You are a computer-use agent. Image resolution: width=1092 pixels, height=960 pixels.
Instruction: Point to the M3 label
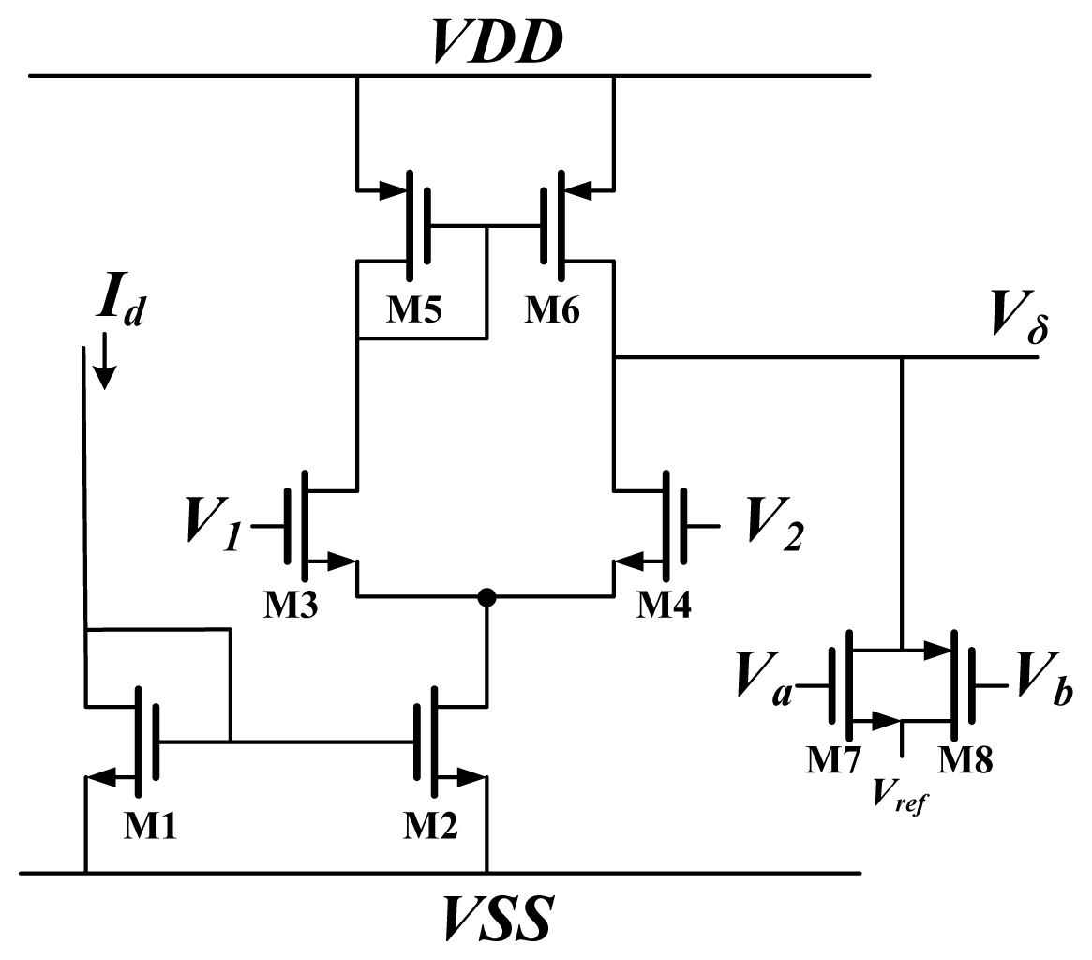coord(290,606)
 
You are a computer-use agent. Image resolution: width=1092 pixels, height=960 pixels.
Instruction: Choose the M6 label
coord(551,309)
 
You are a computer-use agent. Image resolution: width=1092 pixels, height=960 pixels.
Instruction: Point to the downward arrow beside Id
coord(105,365)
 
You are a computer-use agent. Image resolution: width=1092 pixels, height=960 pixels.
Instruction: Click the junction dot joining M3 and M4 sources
coord(486,597)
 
